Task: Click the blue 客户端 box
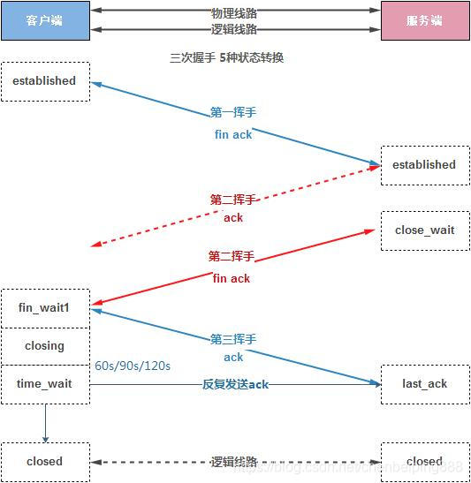[x=44, y=20]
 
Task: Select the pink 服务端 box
[x=425, y=20]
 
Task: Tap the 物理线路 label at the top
[x=234, y=11]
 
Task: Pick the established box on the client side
[x=44, y=81]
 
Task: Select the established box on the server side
[x=425, y=165]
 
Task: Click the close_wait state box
[x=425, y=230]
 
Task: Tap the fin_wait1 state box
[x=44, y=307]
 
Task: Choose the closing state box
[x=44, y=346]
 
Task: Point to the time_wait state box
[x=44, y=384]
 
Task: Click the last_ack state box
[x=425, y=384]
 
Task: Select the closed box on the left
[x=44, y=461]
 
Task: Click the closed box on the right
[x=425, y=461]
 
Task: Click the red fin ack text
[x=232, y=278]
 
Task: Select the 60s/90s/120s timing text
[x=132, y=366]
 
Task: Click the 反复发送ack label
[x=235, y=384]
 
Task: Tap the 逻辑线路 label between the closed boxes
[x=234, y=461]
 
